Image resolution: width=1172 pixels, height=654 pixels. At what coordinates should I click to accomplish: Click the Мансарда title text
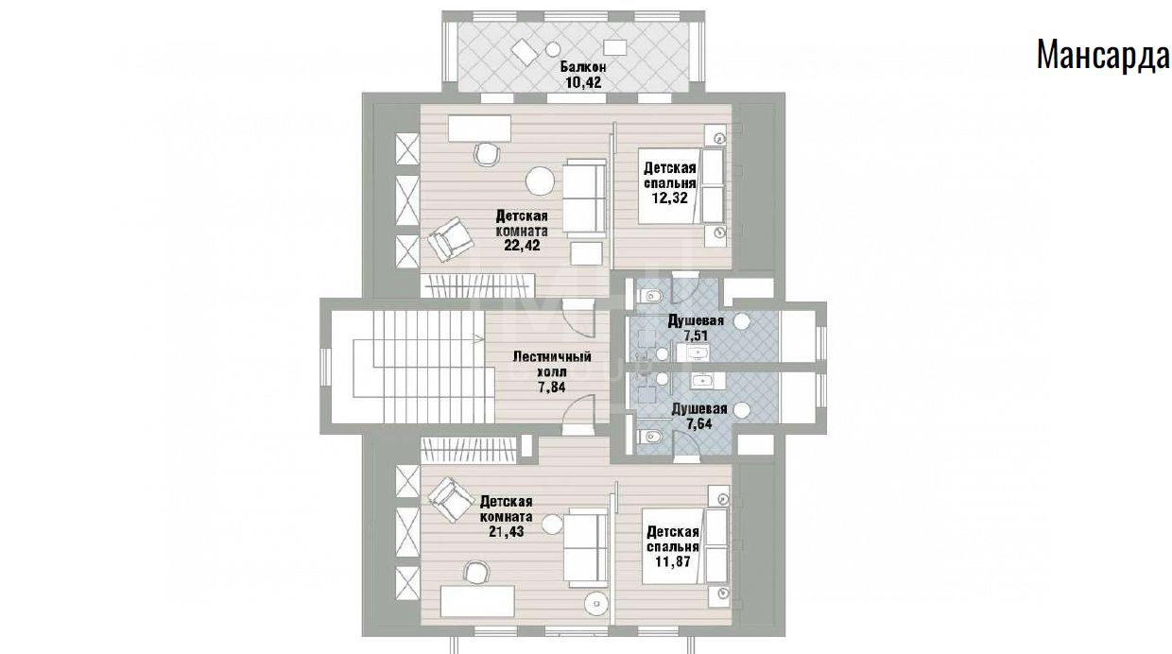click(1103, 55)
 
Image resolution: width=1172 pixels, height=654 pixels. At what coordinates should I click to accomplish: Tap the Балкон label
click(583, 67)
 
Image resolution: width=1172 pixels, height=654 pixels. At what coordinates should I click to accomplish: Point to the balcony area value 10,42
click(583, 82)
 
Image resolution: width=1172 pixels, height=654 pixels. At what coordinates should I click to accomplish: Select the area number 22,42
click(522, 246)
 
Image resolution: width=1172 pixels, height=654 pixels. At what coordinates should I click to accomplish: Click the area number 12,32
click(670, 198)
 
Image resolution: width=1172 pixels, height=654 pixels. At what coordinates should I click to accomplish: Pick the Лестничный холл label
click(552, 364)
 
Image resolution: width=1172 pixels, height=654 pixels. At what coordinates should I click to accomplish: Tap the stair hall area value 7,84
click(551, 387)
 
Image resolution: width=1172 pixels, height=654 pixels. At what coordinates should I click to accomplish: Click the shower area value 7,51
click(696, 335)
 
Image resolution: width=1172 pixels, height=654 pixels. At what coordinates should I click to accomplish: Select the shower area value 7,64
click(698, 423)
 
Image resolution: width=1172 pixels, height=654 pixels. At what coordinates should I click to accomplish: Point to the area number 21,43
click(506, 531)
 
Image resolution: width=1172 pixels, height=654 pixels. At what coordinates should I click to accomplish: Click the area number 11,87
click(673, 561)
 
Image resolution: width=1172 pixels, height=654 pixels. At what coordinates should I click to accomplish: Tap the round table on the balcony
click(553, 50)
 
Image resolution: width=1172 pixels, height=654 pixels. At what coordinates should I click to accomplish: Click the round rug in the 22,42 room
click(540, 181)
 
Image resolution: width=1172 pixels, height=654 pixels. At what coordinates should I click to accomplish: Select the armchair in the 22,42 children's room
click(450, 239)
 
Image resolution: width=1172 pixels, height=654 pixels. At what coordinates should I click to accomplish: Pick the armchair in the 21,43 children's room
click(450, 499)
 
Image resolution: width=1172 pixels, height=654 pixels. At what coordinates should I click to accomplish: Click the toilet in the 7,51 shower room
click(650, 297)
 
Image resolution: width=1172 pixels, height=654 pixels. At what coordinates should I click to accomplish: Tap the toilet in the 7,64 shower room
click(650, 436)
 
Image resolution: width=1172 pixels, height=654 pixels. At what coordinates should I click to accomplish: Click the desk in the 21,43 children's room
click(477, 601)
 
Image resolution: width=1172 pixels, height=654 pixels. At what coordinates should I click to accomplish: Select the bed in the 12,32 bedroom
click(682, 186)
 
